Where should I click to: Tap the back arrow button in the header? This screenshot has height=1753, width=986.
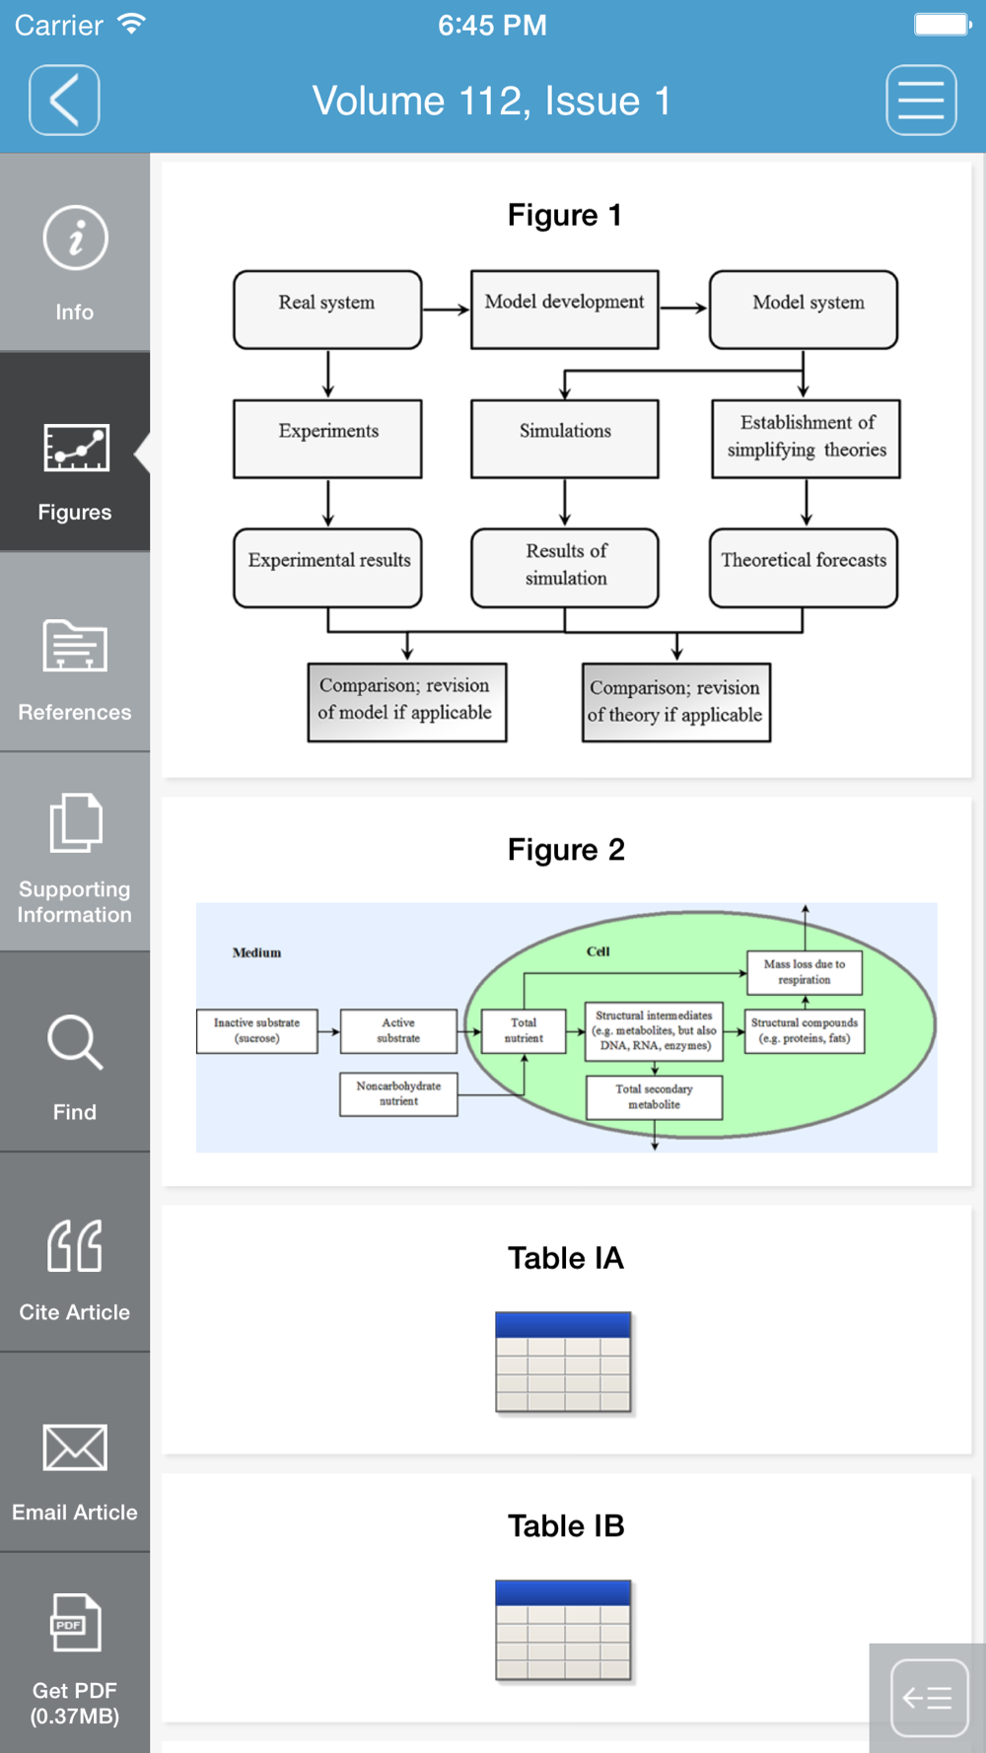pyautogui.click(x=64, y=100)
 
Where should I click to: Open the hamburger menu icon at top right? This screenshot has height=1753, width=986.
pyautogui.click(x=921, y=100)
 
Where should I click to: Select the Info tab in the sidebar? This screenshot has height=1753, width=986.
pyautogui.click(x=75, y=253)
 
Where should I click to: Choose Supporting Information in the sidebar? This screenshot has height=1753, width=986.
pyautogui.click(x=75, y=853)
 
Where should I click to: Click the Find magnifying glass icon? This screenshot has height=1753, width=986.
pyautogui.click(x=75, y=1042)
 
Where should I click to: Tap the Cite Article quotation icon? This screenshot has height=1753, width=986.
pyautogui.click(x=75, y=1245)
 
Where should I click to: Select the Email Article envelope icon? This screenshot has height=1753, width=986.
pyautogui.click(x=75, y=1447)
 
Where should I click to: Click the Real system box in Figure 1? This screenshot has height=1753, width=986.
pyautogui.click(x=327, y=310)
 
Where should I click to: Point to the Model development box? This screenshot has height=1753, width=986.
pyautogui.click(x=565, y=310)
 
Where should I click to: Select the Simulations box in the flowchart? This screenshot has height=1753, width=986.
pyautogui.click(x=565, y=439)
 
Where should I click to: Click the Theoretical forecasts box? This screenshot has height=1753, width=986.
pyautogui.click(x=804, y=568)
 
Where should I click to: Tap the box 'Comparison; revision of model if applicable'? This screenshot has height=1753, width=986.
pyautogui.click(x=407, y=702)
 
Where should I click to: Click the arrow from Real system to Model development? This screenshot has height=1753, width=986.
pyautogui.click(x=446, y=310)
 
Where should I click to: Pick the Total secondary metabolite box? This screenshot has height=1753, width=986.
pyautogui.click(x=654, y=1096)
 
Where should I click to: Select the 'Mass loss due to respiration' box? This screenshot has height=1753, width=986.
pyautogui.click(x=805, y=972)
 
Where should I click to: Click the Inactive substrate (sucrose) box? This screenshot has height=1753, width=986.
pyautogui.click(x=257, y=1030)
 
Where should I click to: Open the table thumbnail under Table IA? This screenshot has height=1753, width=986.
pyautogui.click(x=563, y=1364)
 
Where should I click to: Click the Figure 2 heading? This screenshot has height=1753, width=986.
pyautogui.click(x=566, y=850)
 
